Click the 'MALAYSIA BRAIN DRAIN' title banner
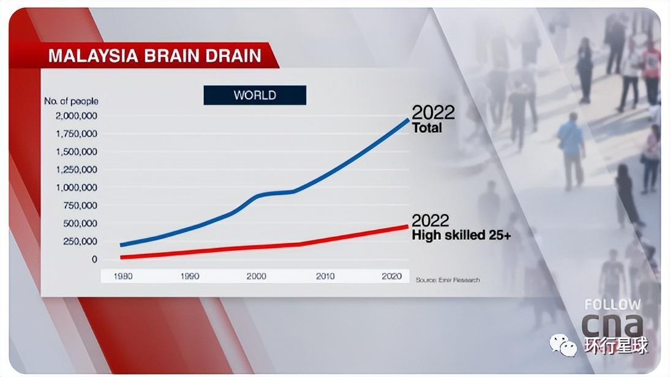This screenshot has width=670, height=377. tap(154, 56)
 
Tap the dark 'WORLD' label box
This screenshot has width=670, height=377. tap(255, 95)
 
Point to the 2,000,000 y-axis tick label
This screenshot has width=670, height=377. tap(76, 116)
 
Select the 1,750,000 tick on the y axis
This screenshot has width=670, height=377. tap(76, 133)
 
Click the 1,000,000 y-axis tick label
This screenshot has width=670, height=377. tap(76, 187)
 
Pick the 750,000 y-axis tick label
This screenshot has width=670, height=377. tap(79, 205)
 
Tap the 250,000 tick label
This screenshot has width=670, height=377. tap(79, 241)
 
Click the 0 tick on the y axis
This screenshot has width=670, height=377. tap(94, 259)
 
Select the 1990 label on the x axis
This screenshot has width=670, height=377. tap(190, 276)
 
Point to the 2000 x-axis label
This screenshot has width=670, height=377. tap(256, 276)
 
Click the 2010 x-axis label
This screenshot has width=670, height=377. tap(325, 276)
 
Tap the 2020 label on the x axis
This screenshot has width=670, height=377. tap(391, 276)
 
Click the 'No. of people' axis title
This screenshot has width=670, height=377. tap(71, 101)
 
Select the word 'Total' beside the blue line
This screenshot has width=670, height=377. tap(427, 128)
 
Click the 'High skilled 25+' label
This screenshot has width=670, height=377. tap(461, 234)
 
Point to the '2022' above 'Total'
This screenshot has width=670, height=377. tap(433, 113)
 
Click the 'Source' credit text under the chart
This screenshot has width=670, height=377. tap(448, 280)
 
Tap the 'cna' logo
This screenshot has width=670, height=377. tap(612, 325)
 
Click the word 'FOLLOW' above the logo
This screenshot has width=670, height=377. tap(612, 304)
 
